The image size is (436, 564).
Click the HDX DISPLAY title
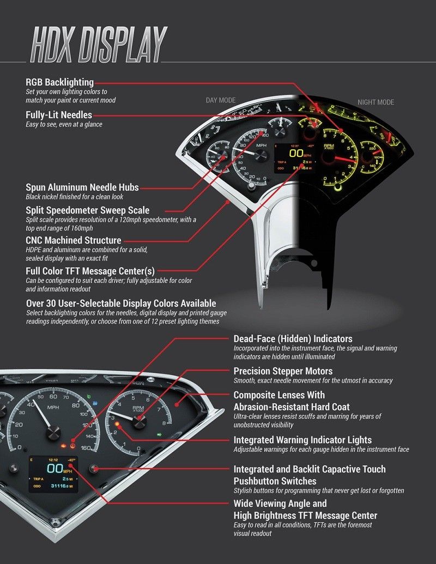coord(98,44)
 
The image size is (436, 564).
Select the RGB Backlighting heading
coord(60,82)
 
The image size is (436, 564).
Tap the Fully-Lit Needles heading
coord(59,115)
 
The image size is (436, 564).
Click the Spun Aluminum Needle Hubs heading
coord(82,187)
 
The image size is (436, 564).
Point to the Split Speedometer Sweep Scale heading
coord(88,210)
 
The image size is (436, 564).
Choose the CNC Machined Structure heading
coord(74,240)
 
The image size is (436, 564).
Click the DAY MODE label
coord(221,100)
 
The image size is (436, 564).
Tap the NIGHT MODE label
coord(376,102)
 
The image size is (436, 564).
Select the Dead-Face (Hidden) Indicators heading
coord(293,339)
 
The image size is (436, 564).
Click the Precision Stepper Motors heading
coord(283,371)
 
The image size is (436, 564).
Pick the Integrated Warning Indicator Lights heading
coord(302,440)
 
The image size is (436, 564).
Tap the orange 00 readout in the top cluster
coord(296,154)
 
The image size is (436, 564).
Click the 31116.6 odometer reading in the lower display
coord(59,486)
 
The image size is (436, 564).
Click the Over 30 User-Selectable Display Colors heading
coord(121,303)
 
